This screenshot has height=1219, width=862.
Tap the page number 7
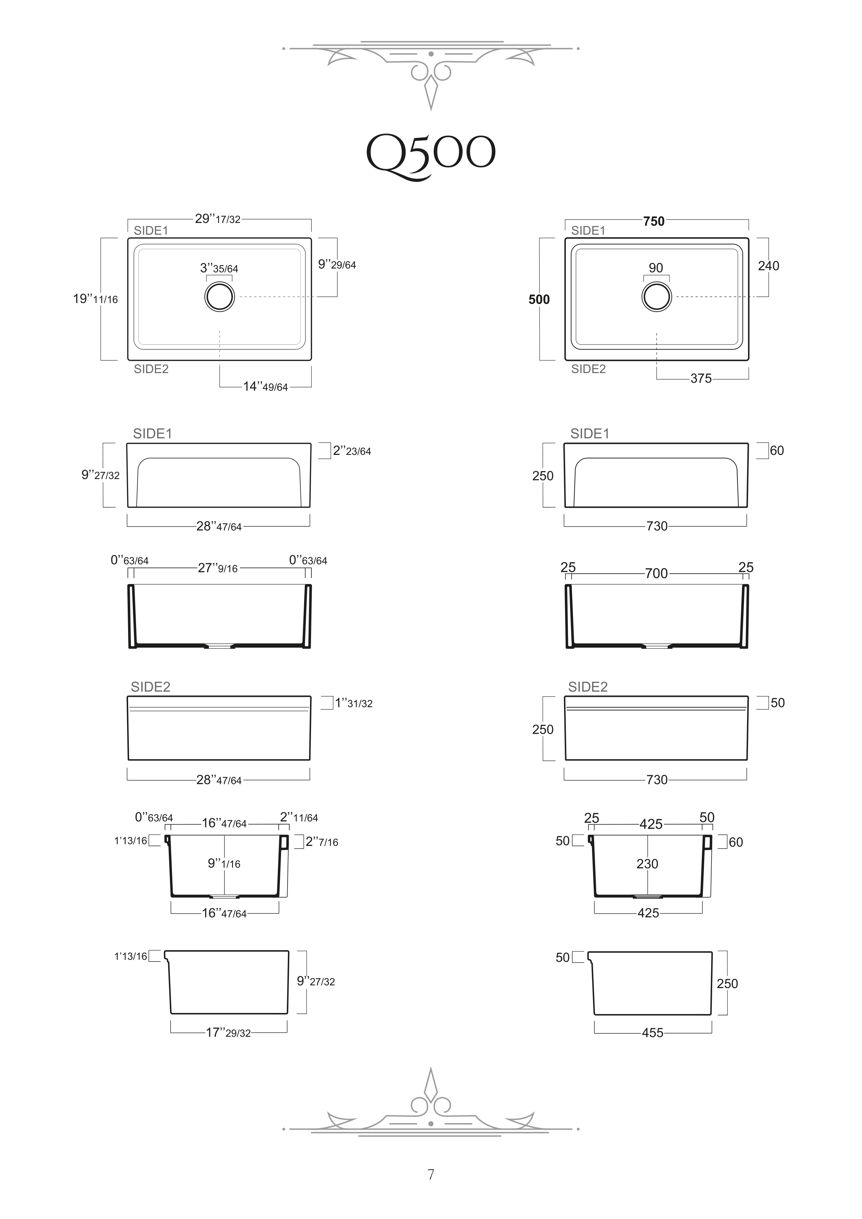(x=431, y=1174)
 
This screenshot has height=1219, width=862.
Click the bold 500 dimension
(x=539, y=300)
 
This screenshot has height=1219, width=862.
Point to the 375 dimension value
(x=701, y=379)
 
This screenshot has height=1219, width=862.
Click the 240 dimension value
(x=768, y=266)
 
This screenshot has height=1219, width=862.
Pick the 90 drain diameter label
(x=656, y=268)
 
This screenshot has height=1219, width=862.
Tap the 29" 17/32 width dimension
(x=218, y=219)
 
